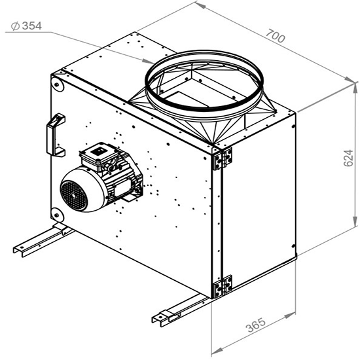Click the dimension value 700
(277, 37)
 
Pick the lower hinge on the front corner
(223, 285)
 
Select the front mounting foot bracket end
(162, 319)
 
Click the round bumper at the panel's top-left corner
(56, 83)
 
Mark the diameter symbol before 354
(13, 26)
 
